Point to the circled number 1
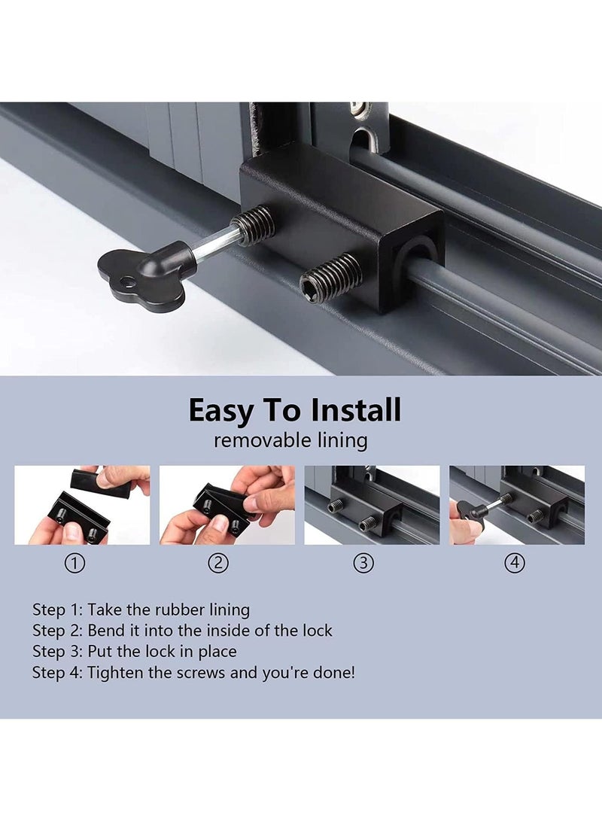click(74, 564)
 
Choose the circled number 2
click(218, 564)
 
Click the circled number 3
click(363, 564)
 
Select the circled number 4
click(515, 564)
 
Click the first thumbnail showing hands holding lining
click(82, 505)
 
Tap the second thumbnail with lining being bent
click(227, 505)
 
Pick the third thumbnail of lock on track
click(372, 505)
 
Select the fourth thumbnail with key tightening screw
click(517, 505)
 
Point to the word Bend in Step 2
click(106, 631)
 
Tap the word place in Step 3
click(217, 652)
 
